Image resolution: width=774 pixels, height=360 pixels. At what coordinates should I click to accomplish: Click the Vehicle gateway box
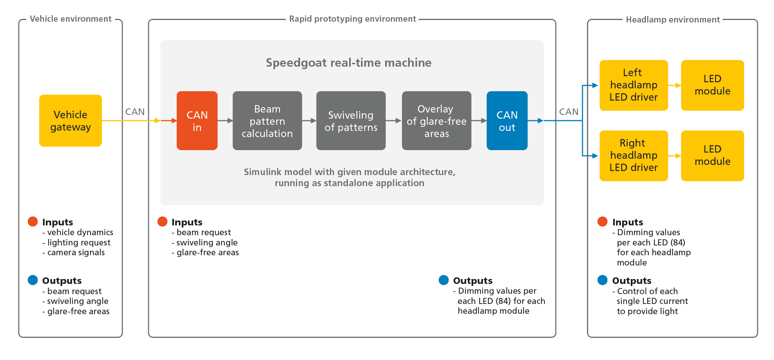pyautogui.click(x=70, y=121)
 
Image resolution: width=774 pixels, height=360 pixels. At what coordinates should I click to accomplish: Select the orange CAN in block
pyautogui.click(x=197, y=121)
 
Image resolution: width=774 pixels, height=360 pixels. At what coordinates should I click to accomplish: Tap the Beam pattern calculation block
pyautogui.click(x=267, y=121)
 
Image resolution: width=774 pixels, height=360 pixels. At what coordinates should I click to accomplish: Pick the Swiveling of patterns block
pyautogui.click(x=351, y=121)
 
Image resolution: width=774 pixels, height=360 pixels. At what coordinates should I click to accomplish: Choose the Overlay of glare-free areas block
pyautogui.click(x=436, y=121)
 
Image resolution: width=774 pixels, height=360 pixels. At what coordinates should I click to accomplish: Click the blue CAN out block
pyautogui.click(x=507, y=121)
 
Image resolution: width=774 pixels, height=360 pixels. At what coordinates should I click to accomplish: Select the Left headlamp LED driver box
pyautogui.click(x=633, y=85)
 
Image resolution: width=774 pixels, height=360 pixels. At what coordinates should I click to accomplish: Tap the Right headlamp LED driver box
pyautogui.click(x=633, y=155)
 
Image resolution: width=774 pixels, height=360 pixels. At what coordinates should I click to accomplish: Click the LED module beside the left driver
pyautogui.click(x=712, y=85)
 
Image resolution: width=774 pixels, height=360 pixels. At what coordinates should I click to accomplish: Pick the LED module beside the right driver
pyautogui.click(x=712, y=155)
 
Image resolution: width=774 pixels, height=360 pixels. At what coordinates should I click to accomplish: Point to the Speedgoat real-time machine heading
pyautogui.click(x=348, y=63)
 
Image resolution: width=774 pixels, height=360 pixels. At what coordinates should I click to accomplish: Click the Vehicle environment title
pyautogui.click(x=70, y=19)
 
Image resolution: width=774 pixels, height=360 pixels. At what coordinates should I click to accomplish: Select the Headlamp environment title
pyautogui.click(x=672, y=20)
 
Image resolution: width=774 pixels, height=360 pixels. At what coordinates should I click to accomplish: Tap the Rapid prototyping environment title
pyautogui.click(x=352, y=19)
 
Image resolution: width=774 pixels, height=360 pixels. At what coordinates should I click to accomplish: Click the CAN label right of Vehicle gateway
pyautogui.click(x=135, y=112)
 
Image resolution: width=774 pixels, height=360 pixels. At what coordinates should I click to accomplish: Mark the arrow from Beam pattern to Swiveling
pyautogui.click(x=309, y=121)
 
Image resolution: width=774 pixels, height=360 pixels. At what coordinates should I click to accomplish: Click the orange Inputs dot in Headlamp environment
pyautogui.click(x=602, y=222)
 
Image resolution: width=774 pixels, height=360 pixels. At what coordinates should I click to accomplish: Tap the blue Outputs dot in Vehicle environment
pyautogui.click(x=33, y=280)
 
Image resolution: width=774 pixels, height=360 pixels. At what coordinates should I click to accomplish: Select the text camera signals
pyautogui.click(x=76, y=252)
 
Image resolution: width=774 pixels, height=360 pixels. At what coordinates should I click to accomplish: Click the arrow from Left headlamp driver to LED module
pyautogui.click(x=674, y=85)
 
